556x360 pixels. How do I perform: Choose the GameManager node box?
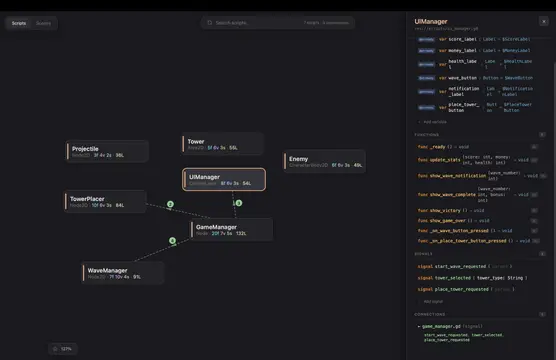click(x=231, y=229)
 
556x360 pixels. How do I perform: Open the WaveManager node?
click(x=123, y=272)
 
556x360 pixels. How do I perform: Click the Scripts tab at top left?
click(x=19, y=21)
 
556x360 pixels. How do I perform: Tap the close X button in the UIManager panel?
click(x=545, y=21)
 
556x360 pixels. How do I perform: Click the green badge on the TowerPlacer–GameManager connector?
click(x=170, y=204)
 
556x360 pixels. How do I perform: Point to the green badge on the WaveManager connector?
click(x=172, y=241)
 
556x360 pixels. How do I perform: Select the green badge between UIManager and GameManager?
click(x=238, y=203)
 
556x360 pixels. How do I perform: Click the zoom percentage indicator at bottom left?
click(x=62, y=348)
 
